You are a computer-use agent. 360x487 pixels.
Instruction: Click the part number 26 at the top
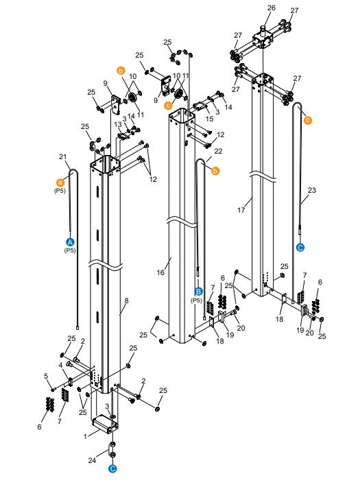click(x=271, y=8)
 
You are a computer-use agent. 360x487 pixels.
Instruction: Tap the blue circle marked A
click(x=69, y=242)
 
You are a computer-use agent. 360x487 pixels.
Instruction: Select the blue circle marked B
click(x=199, y=292)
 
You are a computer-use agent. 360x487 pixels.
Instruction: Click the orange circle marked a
click(x=60, y=182)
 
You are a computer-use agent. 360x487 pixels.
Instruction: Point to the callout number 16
click(x=160, y=272)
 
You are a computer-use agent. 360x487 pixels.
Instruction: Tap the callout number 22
click(x=218, y=150)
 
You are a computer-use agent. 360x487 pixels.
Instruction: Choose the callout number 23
click(x=312, y=190)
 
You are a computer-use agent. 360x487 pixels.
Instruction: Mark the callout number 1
click(x=85, y=436)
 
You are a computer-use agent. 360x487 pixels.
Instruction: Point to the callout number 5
click(x=47, y=375)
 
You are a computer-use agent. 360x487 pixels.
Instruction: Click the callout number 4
click(x=60, y=365)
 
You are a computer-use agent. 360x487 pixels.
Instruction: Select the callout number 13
click(x=117, y=124)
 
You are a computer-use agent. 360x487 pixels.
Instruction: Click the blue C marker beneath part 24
click(x=113, y=469)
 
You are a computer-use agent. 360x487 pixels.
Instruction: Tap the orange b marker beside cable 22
click(x=215, y=171)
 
